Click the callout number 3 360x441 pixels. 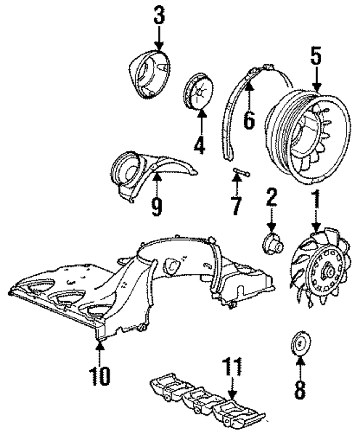tap(159, 15)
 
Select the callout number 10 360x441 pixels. tap(100, 376)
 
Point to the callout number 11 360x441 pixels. tap(232, 368)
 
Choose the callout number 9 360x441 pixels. tap(156, 207)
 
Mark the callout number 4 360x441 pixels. tap(199, 145)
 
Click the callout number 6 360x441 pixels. tap(248, 120)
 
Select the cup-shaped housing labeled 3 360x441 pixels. tap(149, 74)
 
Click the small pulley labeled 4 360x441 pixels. tap(198, 91)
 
